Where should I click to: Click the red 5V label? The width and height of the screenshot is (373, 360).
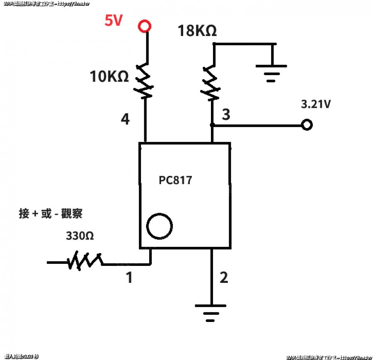click(114, 21)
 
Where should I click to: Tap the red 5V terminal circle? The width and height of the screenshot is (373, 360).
click(144, 27)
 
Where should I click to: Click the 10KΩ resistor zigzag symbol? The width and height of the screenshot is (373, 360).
click(145, 81)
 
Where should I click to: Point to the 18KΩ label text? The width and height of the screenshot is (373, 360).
click(197, 31)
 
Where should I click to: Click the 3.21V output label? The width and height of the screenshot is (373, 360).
click(316, 104)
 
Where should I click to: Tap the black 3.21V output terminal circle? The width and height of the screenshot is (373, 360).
click(307, 125)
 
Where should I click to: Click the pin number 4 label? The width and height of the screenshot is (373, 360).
click(125, 119)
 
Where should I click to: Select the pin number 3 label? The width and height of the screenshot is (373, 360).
click(226, 115)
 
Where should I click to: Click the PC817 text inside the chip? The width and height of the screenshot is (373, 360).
click(176, 180)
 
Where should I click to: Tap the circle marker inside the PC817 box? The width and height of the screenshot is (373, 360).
click(160, 226)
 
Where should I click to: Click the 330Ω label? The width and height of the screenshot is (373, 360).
click(80, 236)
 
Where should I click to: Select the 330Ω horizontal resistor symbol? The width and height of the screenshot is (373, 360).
click(85, 261)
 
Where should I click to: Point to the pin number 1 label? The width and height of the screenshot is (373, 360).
click(129, 277)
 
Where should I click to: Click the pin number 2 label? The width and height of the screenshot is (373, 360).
click(224, 277)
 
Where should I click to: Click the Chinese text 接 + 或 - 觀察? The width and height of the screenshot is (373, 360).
click(51, 214)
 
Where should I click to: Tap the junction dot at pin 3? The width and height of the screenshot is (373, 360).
click(212, 125)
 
